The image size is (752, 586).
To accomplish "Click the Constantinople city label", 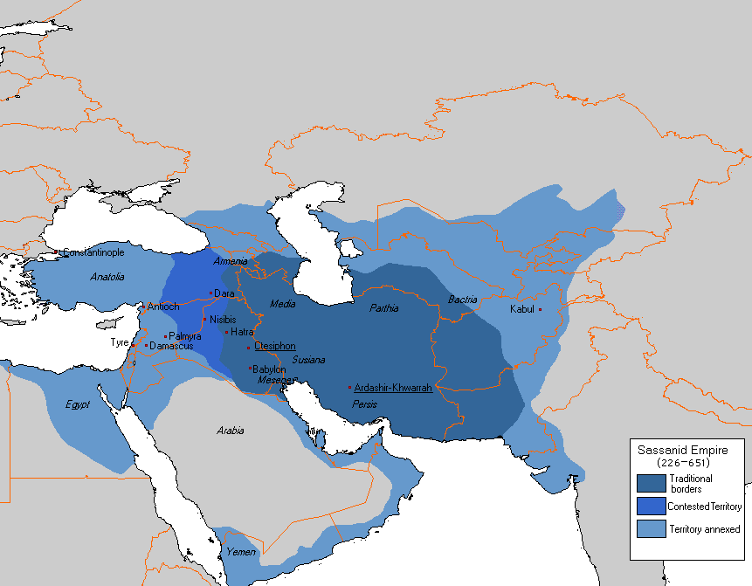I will point(93,252).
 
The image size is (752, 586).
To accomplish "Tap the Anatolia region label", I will point(107,277).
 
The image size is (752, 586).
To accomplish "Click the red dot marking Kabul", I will point(540,309).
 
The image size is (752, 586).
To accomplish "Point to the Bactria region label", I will point(463,300).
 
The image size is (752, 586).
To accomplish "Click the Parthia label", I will point(383,307).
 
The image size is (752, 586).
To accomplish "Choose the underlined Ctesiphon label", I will point(275,346).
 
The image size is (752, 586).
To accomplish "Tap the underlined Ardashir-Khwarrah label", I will point(393,387).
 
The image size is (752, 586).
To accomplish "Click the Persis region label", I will point(364,405).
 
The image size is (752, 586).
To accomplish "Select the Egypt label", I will point(78,404).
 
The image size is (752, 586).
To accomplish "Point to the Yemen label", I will point(240,552).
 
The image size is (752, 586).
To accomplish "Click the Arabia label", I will point(230,431).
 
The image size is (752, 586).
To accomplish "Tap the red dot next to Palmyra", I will point(165,336).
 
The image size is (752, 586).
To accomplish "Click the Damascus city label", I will point(171,347).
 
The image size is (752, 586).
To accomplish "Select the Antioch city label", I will point(163,307).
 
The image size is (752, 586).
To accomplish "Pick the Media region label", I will point(282,304).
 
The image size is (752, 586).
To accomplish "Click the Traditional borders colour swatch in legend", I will point(652,483).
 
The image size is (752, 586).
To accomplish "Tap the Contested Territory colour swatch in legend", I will point(652,506).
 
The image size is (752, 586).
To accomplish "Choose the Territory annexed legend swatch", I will point(652,528).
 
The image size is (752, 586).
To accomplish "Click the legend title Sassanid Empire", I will point(671,449).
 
